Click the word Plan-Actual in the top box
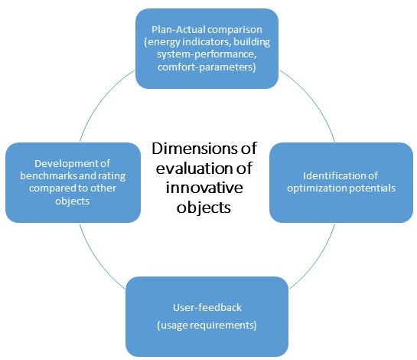tap(176, 30)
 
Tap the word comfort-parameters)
tap(207, 67)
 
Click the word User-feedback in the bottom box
tap(207, 308)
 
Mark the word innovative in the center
tap(204, 188)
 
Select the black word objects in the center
tap(204, 207)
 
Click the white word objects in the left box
tap(73, 201)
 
